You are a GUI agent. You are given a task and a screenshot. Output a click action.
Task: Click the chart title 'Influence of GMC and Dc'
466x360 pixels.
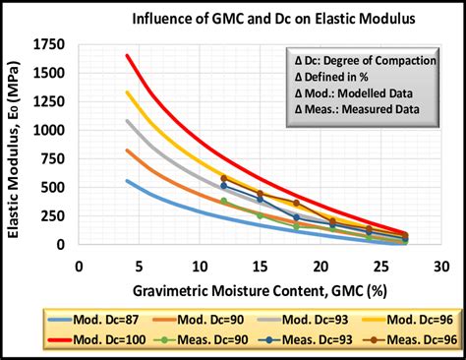click(x=258, y=19)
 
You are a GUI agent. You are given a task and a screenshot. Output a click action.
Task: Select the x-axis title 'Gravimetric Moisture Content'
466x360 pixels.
click(x=257, y=291)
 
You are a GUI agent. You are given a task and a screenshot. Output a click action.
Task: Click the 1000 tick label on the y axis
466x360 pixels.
click(x=52, y=131)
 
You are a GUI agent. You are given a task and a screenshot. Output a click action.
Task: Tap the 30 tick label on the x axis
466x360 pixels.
click(x=440, y=267)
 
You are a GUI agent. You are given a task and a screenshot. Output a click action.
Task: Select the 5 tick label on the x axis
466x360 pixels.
click(x=140, y=267)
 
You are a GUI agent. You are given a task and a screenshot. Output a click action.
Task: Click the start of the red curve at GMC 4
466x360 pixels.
click(x=128, y=56)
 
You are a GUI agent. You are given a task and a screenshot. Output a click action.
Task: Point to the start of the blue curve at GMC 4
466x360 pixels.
click(x=128, y=181)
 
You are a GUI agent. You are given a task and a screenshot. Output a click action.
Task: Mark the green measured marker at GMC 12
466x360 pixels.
click(x=224, y=201)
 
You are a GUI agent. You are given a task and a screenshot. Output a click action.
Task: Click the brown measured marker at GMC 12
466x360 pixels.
click(x=224, y=178)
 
